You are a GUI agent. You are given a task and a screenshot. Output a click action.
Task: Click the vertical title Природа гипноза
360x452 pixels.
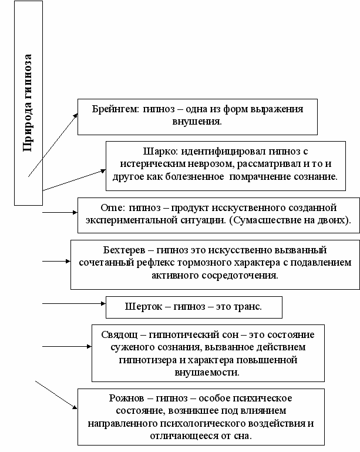pos(28,103)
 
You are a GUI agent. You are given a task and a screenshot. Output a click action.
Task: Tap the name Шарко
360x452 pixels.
pos(156,150)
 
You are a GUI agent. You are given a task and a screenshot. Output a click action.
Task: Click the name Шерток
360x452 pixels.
pos(143,307)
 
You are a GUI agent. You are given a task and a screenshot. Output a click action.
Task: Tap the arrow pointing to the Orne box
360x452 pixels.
pos(59,213)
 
